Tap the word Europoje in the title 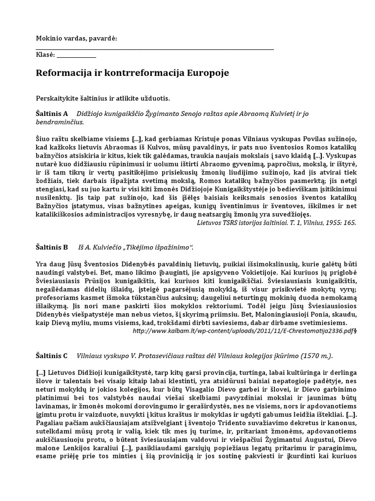tap(207, 73)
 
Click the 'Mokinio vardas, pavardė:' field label tap(77, 39)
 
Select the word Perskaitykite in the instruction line tap(57, 98)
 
